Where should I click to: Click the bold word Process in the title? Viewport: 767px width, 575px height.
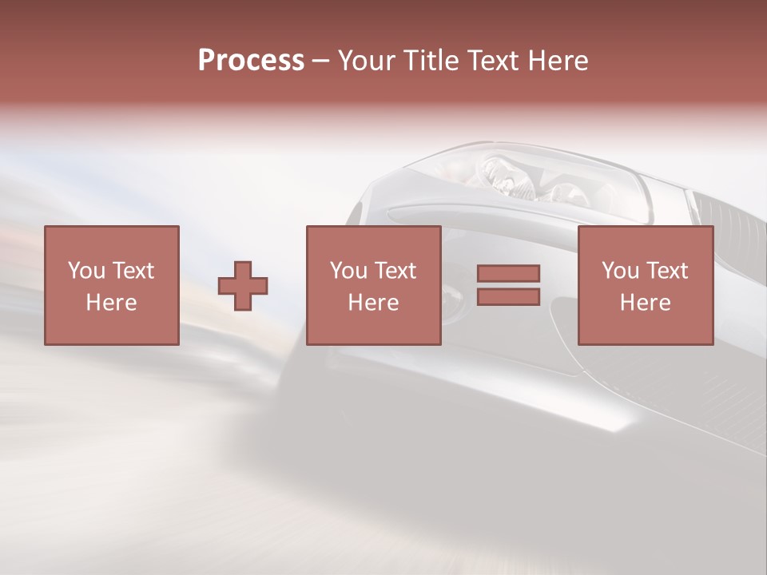tap(251, 61)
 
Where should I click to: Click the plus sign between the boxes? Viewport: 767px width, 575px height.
tap(243, 285)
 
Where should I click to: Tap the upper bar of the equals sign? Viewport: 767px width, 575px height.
tap(508, 274)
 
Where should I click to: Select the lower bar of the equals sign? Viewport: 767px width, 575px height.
tap(508, 296)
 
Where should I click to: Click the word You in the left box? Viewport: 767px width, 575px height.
tap(86, 271)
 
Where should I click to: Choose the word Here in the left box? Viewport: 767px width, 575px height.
tap(111, 303)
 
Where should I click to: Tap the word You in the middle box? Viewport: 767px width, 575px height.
tap(348, 271)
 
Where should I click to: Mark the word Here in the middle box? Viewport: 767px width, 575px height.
tap(373, 303)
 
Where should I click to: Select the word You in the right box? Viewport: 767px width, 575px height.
tap(620, 271)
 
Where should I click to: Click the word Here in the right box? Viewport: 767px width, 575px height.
tap(645, 303)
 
